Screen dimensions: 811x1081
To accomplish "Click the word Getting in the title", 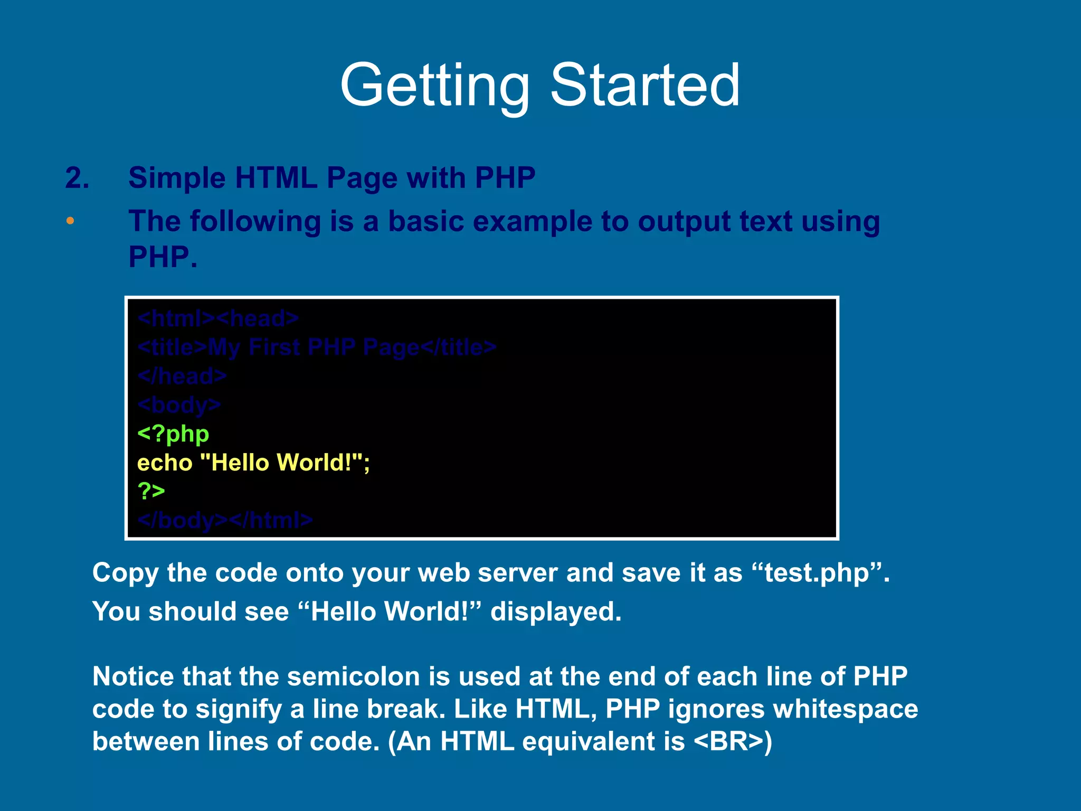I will click(434, 86).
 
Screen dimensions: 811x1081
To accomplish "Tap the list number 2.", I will click(77, 178).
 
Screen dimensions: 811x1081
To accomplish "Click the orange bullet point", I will click(70, 221).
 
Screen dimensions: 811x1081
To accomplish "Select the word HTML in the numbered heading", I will click(276, 178).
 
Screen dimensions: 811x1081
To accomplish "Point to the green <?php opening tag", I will click(173, 434).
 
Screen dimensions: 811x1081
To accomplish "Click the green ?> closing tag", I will click(151, 491).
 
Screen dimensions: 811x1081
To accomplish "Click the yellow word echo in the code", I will click(165, 463).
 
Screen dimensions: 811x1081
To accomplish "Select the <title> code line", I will click(317, 347).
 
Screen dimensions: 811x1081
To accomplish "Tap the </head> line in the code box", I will click(182, 376).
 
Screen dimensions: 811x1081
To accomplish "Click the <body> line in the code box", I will click(179, 405).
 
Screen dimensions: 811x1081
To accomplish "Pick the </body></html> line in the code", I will click(225, 521).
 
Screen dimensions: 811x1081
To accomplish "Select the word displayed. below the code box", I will click(556, 612).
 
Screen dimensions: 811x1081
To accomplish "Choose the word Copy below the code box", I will click(125, 573).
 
